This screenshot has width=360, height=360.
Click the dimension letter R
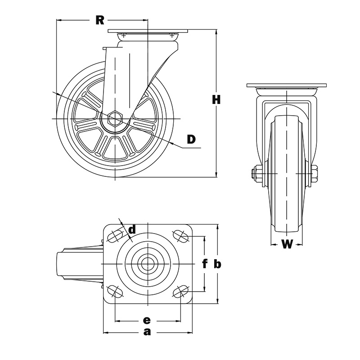click(x=100, y=20)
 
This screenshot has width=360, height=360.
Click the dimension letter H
click(x=216, y=100)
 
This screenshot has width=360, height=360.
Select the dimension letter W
click(x=287, y=244)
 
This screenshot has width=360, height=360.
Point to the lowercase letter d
click(x=132, y=230)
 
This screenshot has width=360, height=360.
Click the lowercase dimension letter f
click(x=204, y=264)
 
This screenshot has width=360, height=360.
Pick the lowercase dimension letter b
click(x=217, y=264)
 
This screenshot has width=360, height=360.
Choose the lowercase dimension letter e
click(x=146, y=320)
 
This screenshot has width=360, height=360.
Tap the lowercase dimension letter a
click(x=147, y=332)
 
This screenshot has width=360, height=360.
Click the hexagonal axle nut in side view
click(x=115, y=118)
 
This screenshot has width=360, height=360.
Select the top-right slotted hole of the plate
click(x=180, y=235)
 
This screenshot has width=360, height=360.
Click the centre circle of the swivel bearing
click(x=148, y=263)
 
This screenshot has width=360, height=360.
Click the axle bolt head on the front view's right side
click(x=315, y=174)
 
